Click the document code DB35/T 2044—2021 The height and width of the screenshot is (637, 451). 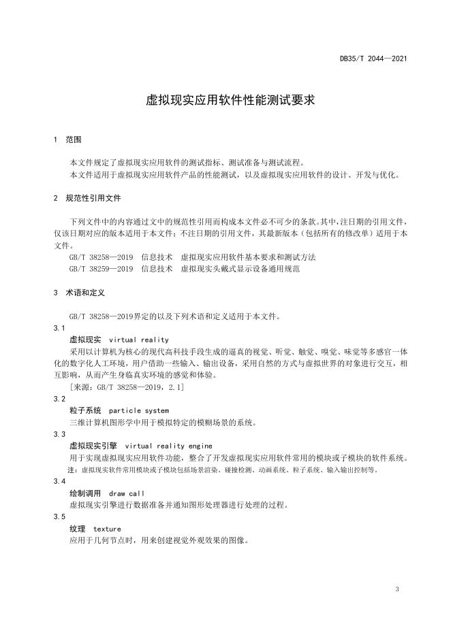[x=373, y=59]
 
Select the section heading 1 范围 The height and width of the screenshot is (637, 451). [x=67, y=140]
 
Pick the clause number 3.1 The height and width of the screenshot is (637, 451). [x=59, y=328]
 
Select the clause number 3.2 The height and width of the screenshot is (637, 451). [x=59, y=399]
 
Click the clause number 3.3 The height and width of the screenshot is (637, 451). [x=59, y=434]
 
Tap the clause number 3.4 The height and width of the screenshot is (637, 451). [x=59, y=481]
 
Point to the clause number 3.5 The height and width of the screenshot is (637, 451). [x=59, y=517]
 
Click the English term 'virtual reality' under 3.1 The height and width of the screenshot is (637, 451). [x=139, y=340]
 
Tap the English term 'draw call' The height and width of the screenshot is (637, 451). [x=127, y=493]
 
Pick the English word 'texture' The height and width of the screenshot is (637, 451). [x=107, y=529]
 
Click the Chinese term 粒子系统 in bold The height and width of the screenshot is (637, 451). [x=86, y=411]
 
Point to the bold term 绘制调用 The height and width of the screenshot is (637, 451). [x=86, y=493]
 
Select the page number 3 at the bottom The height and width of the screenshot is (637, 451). [x=396, y=589]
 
